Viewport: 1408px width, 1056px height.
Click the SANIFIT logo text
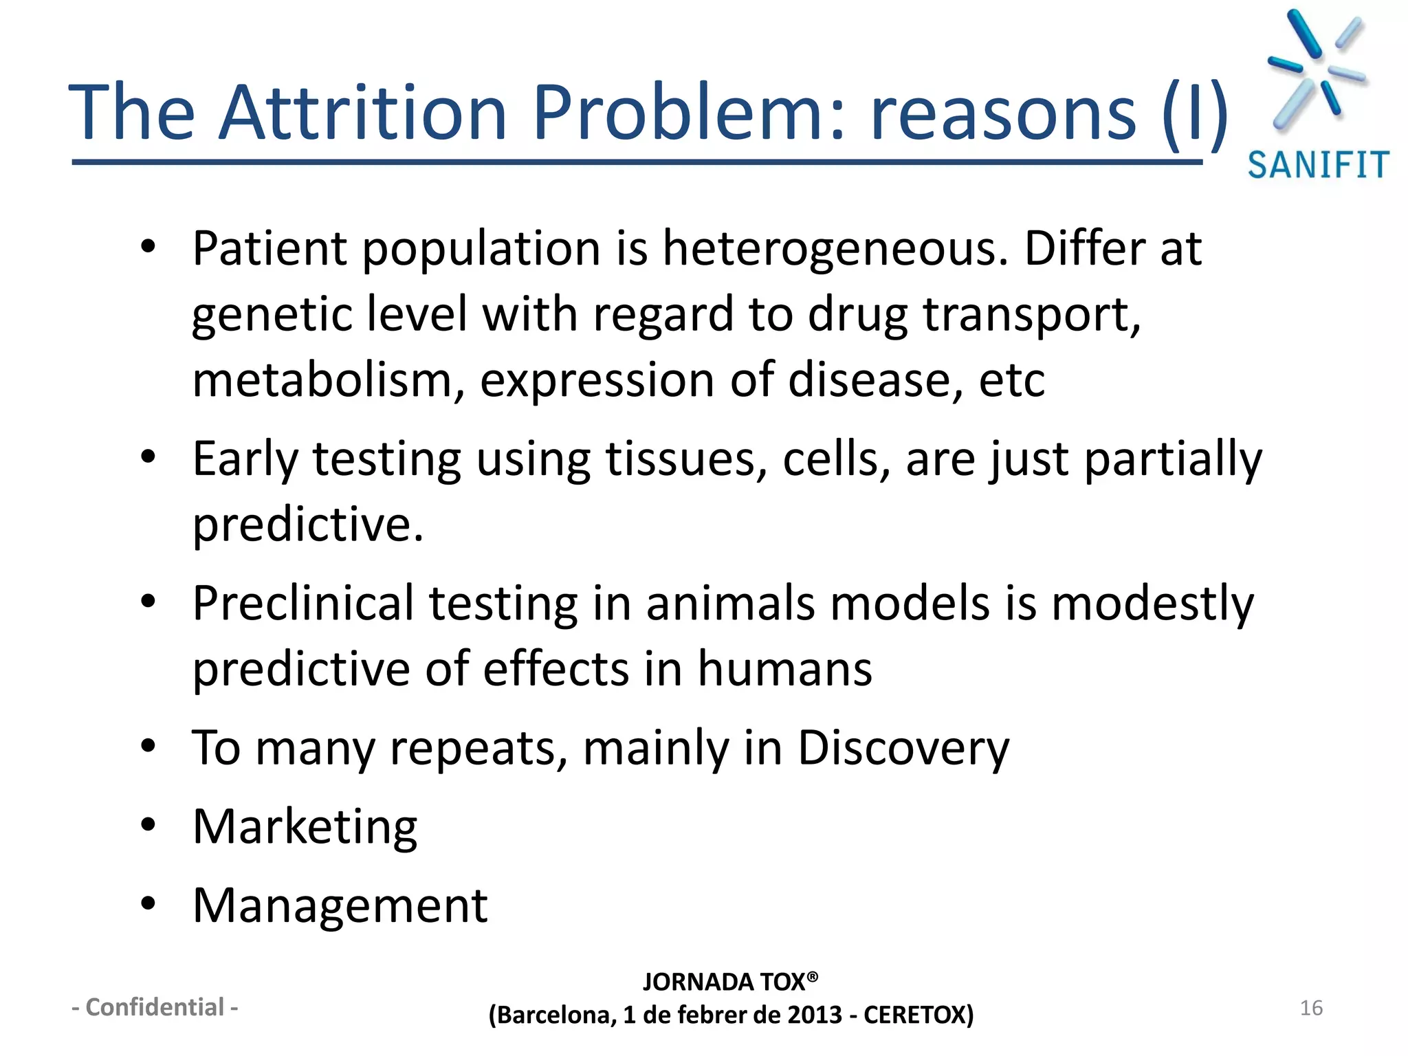(x=1318, y=166)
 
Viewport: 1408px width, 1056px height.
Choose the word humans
(x=784, y=669)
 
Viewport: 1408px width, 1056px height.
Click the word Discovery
(x=903, y=748)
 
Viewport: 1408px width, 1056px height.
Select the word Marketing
(x=305, y=827)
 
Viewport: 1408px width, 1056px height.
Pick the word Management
(x=340, y=905)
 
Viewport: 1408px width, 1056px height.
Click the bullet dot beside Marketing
(x=148, y=825)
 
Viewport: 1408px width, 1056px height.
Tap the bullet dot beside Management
(x=148, y=904)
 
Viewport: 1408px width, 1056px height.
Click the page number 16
(x=1311, y=1008)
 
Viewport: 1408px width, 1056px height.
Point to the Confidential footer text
(x=155, y=1007)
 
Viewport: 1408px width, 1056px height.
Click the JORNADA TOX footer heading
(x=729, y=982)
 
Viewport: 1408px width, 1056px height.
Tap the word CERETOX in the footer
(x=918, y=1015)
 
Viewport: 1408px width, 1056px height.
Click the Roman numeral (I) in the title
(x=1194, y=112)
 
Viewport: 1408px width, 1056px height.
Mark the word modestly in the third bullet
(x=1152, y=603)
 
